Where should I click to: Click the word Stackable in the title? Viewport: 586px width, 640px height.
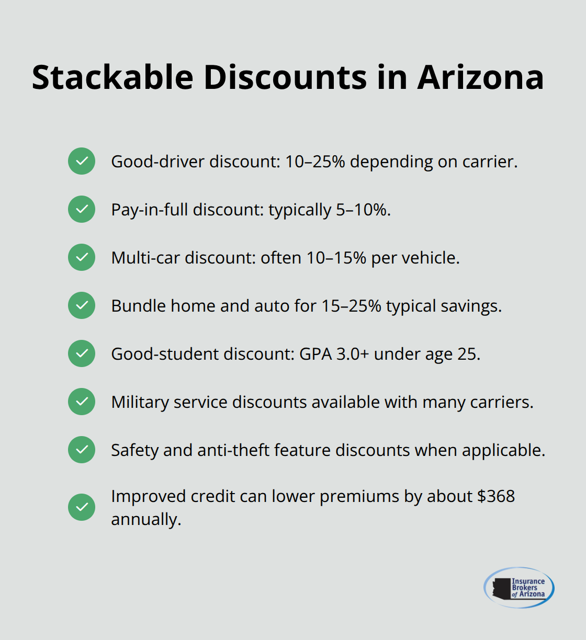[112, 77]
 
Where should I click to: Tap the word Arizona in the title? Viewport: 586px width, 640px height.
[480, 77]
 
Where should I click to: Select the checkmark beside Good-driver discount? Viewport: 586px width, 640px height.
[82, 161]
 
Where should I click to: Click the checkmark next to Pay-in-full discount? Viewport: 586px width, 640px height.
[82, 209]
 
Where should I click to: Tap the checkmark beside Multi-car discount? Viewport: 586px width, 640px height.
[82, 257]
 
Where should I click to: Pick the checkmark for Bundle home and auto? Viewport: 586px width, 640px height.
[82, 305]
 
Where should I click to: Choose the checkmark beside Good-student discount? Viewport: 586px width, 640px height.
[82, 353]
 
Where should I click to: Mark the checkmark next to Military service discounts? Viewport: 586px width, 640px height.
[82, 402]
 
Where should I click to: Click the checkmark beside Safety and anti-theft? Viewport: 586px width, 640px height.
[82, 450]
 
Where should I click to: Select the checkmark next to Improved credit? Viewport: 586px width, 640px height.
[82, 507]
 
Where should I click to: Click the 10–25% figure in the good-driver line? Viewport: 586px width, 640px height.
[314, 162]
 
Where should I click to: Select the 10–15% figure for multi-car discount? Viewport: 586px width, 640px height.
[336, 258]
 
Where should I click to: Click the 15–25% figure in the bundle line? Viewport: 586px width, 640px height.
[351, 306]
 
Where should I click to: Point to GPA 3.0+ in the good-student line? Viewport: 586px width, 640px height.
[334, 354]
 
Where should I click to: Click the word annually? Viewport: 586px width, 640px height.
[146, 519]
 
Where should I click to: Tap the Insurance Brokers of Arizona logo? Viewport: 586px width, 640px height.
[519, 588]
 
